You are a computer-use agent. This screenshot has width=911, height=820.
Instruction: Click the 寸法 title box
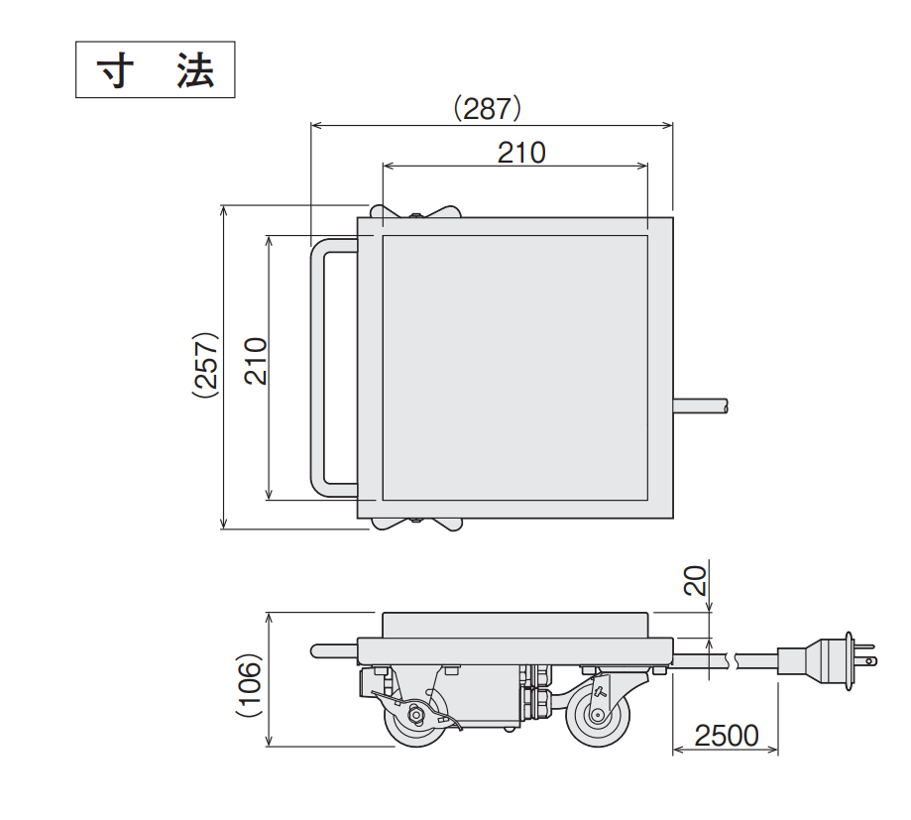[x=156, y=69]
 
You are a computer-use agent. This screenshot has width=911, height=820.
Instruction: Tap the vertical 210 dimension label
[x=256, y=364]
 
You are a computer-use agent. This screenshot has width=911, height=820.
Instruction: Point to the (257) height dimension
[x=205, y=364]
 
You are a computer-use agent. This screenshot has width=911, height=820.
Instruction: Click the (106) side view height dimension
[x=250, y=684]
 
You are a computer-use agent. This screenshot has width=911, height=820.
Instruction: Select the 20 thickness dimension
[x=698, y=579]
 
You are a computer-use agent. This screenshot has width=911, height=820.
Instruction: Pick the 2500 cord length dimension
[x=726, y=736]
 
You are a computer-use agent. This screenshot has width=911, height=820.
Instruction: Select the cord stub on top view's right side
[x=701, y=405]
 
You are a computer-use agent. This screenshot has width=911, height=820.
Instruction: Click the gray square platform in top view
[x=515, y=367]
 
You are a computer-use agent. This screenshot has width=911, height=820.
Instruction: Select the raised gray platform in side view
[x=515, y=625]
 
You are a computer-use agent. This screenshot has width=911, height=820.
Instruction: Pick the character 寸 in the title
[x=116, y=70]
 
